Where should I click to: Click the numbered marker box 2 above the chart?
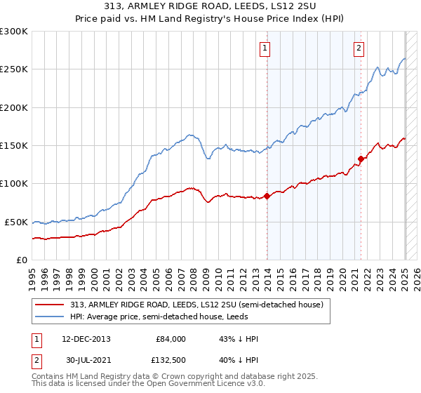point(359,48)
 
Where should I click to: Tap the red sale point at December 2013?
point(267,196)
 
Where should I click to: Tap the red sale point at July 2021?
point(361,159)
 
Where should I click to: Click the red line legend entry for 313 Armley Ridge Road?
point(196,305)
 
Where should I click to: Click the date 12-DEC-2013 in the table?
point(86,339)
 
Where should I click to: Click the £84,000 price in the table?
point(171,339)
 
